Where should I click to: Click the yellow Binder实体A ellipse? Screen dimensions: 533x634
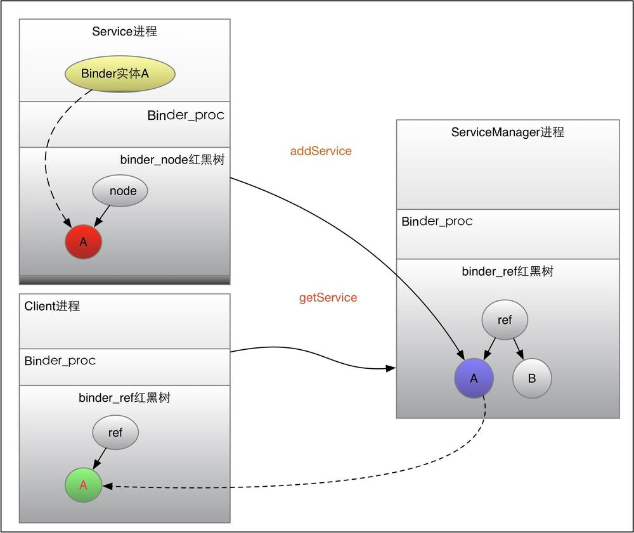[x=120, y=74]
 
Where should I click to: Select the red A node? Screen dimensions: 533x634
[x=83, y=241]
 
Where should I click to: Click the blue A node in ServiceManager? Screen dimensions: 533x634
[x=473, y=378]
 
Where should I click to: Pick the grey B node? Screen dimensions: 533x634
[x=532, y=378]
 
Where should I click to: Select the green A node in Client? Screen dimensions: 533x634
[x=83, y=485]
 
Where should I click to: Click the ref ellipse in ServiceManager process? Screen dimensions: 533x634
[x=505, y=320]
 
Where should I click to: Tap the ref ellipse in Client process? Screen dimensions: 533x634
[x=115, y=433]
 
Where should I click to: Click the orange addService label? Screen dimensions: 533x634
[x=321, y=151]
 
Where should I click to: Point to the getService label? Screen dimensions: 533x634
[x=328, y=297]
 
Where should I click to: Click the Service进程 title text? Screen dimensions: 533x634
[x=124, y=31]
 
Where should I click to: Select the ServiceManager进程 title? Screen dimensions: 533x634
[x=507, y=132]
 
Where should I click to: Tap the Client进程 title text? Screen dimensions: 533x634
[x=53, y=306]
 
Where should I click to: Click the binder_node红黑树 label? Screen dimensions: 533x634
[x=172, y=160]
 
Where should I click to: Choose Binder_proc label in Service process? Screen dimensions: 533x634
[x=186, y=115]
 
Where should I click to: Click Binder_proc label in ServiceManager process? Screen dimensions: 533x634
[x=437, y=221]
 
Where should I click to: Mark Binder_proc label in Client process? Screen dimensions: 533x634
[x=60, y=361]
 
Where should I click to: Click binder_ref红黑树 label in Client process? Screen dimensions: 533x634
[x=124, y=398]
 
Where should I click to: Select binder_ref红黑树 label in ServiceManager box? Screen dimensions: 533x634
[x=507, y=271]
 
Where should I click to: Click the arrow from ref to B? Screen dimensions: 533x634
[x=518, y=347]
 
